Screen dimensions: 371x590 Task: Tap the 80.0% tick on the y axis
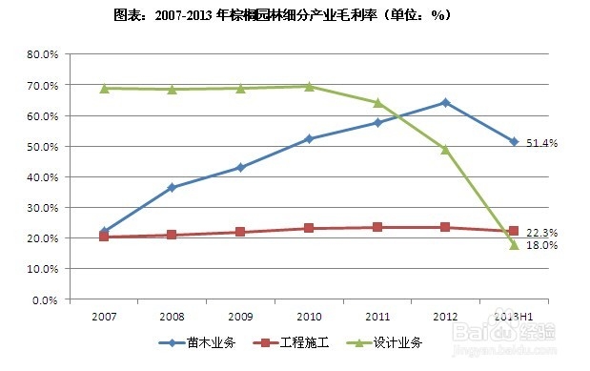pos(42,54)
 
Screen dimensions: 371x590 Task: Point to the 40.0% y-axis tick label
pos(42,177)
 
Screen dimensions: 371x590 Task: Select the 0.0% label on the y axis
pos(45,299)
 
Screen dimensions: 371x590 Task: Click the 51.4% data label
pos(542,143)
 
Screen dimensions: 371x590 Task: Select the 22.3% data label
pos(542,233)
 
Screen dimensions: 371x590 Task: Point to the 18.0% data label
pos(542,246)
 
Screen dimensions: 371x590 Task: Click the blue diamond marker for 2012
pos(445,102)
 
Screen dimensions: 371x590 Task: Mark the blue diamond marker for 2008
pos(172,188)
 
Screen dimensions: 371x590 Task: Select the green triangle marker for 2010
pos(309,87)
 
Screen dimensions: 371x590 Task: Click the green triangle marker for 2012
pos(445,149)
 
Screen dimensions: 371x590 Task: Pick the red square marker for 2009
pos(240,232)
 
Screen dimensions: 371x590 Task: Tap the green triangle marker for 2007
pos(103,89)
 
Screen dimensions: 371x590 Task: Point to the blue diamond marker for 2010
pos(309,139)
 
